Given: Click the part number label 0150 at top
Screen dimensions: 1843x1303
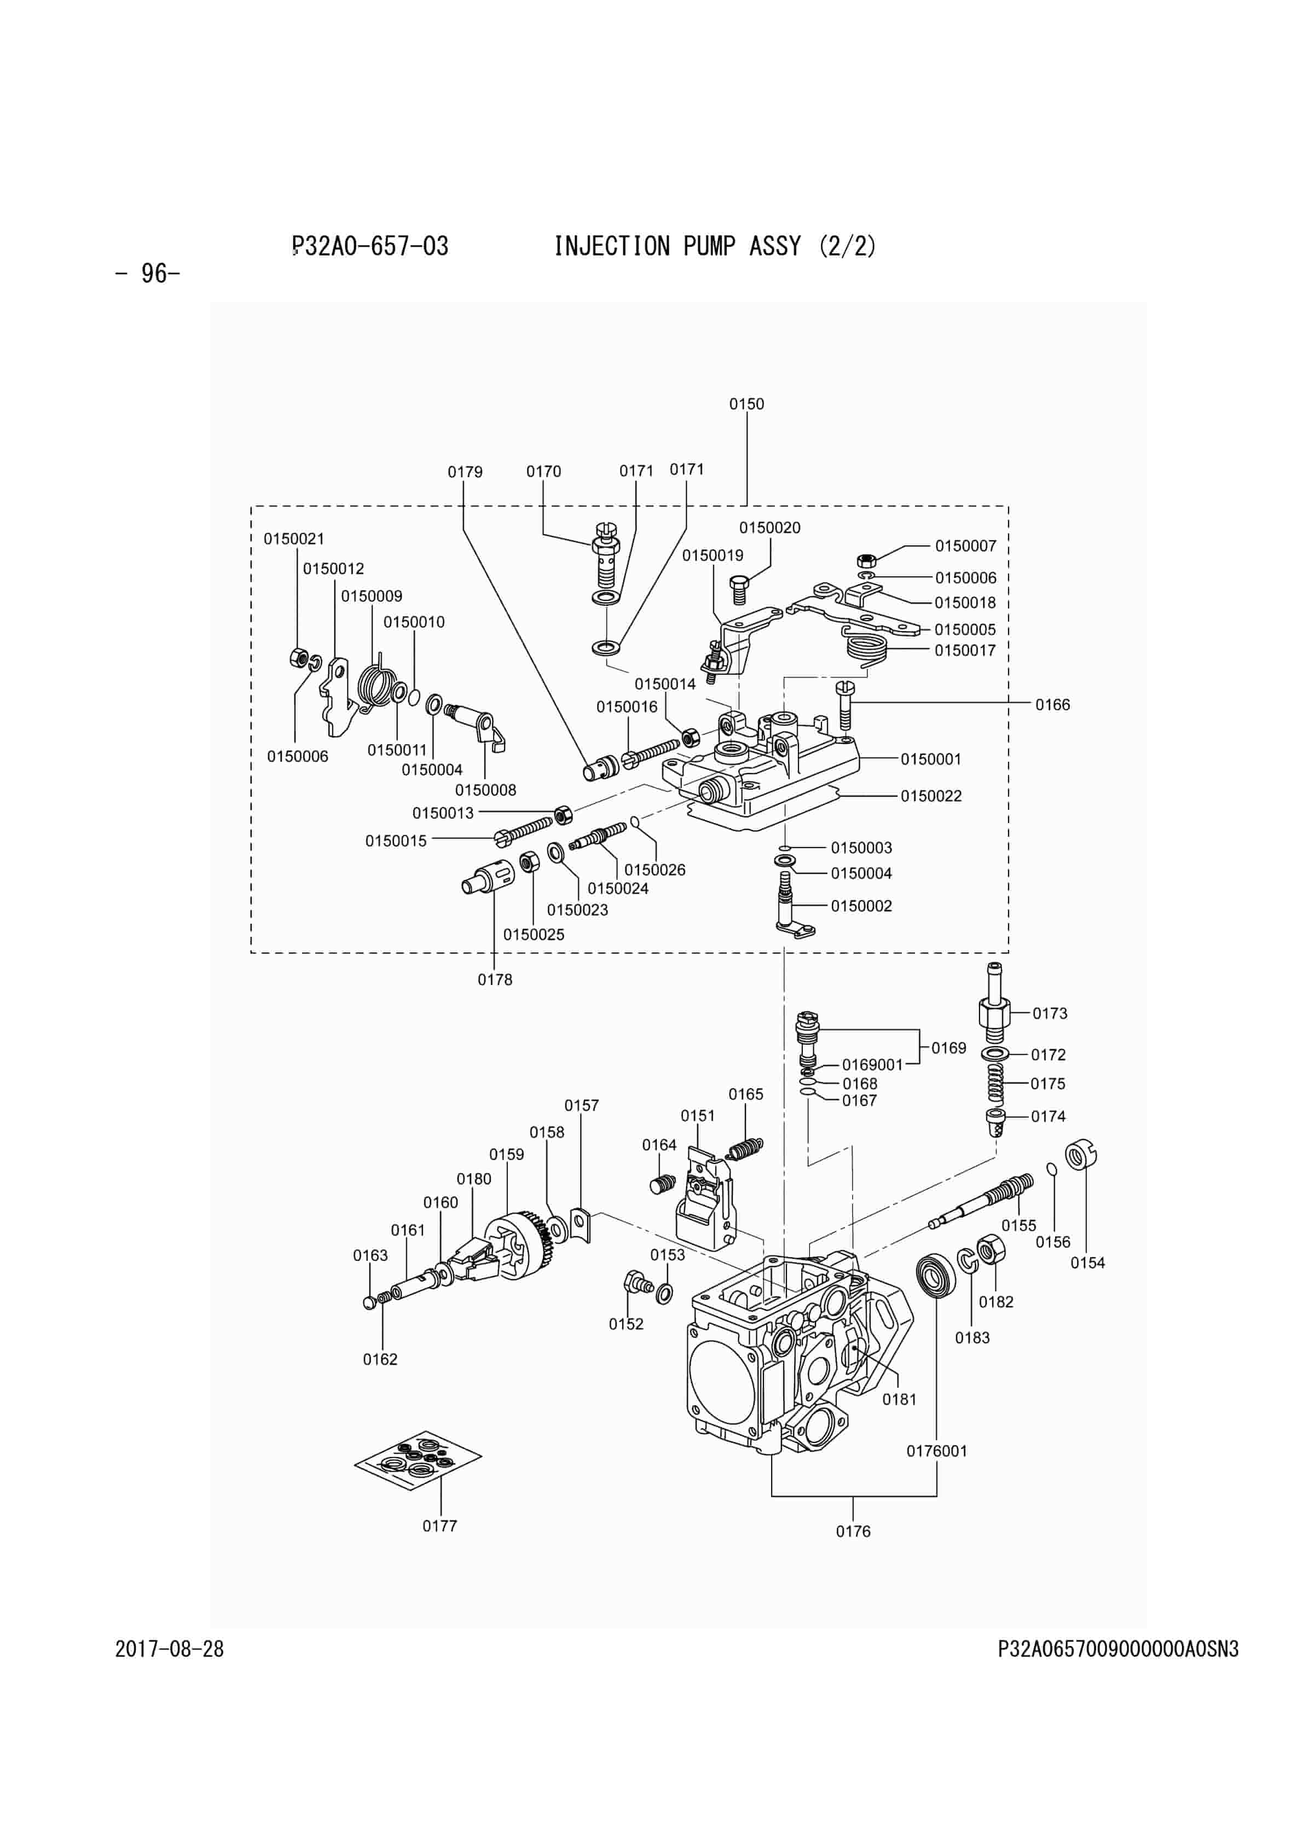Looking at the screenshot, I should [746, 404].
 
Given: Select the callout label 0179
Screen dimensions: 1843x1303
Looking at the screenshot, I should [465, 472].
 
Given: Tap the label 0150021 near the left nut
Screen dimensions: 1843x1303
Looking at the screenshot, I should [294, 538].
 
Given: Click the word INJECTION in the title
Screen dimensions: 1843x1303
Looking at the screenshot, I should [612, 246].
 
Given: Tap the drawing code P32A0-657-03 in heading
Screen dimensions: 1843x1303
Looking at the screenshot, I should [370, 246].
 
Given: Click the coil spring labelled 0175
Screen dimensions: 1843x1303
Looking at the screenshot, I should [995, 1083].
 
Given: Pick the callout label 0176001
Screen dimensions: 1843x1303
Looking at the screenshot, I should [937, 1451].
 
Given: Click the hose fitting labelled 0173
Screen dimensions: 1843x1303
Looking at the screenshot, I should [994, 1004].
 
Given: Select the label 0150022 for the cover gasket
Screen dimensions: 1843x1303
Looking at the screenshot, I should [930, 796].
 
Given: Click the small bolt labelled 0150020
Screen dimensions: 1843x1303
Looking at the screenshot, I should [739, 590].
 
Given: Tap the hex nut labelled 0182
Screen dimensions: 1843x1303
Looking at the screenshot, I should [992, 1250].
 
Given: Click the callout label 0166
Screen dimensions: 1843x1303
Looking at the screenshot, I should [1052, 705].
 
